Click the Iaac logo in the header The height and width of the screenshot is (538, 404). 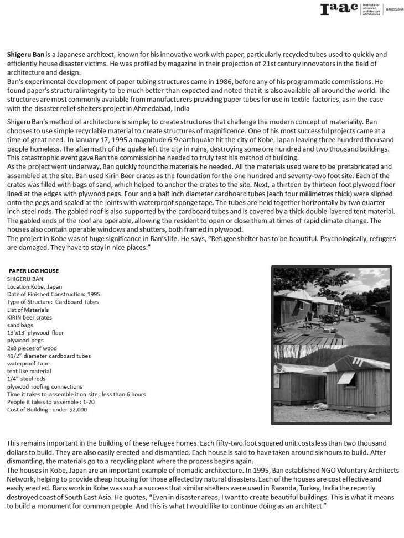click(x=339, y=9)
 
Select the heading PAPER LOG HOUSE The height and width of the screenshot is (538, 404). click(x=34, y=271)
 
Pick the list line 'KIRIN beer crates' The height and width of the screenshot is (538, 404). click(x=29, y=318)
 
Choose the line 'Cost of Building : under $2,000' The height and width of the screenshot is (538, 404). click(x=47, y=410)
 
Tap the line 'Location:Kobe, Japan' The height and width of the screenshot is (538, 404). click(x=35, y=287)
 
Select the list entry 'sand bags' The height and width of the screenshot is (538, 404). click(x=20, y=326)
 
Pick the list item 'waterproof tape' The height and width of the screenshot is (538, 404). click(x=28, y=364)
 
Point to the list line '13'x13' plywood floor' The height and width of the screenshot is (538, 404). click(x=35, y=333)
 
